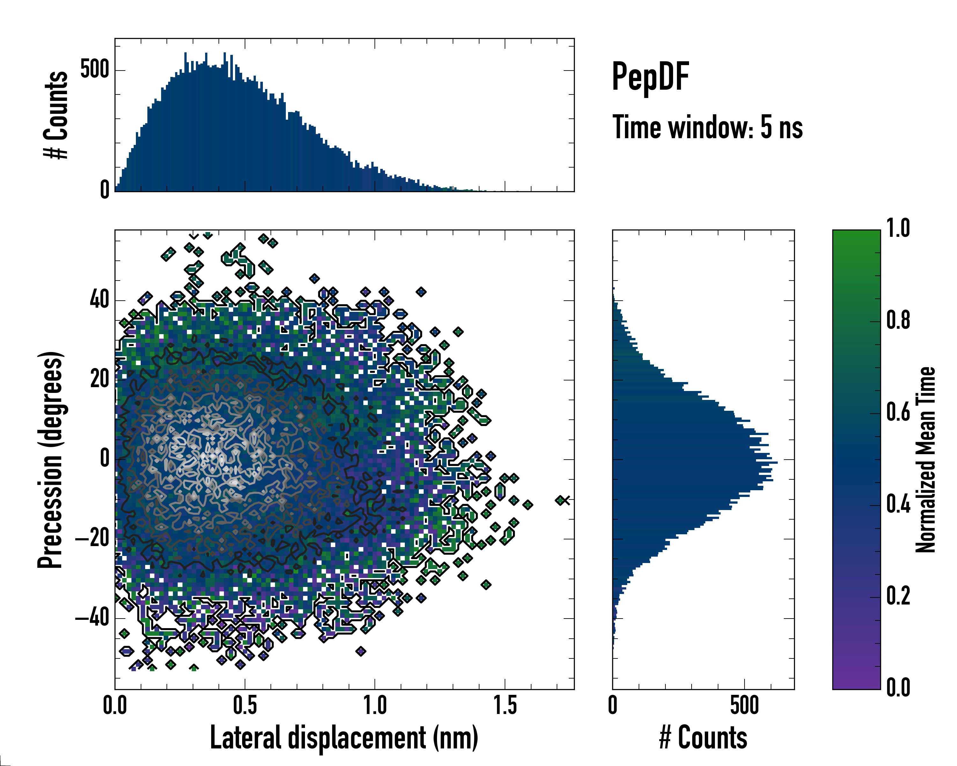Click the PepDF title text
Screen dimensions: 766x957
pos(650,76)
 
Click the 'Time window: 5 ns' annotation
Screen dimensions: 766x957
pos(708,127)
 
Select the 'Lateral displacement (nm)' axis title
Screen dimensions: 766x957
pos(344,738)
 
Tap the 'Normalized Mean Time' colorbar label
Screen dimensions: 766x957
pos(925,460)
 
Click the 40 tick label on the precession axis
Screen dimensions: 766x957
pos(100,300)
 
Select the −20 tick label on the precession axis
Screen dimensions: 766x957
pos(92,539)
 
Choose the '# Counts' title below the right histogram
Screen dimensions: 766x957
pos(703,738)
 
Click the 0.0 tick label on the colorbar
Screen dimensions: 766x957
pos(898,687)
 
